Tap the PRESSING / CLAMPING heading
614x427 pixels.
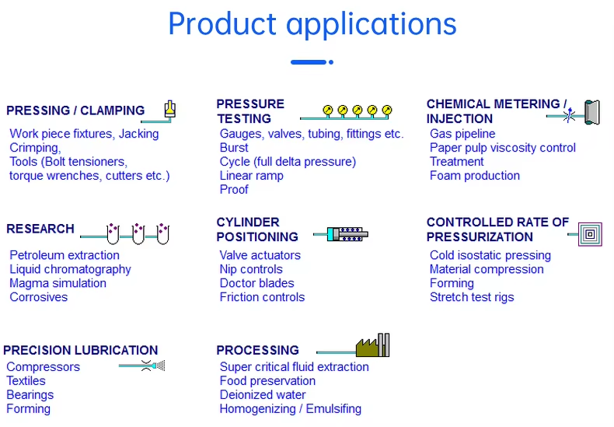[75, 110]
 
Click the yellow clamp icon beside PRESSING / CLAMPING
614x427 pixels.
[169, 110]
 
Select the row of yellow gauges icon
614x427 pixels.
[357, 111]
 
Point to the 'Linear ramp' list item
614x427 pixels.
[251, 176]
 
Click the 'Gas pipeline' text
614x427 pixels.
[462, 134]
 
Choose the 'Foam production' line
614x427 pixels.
[474, 176]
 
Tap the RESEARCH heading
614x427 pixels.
[40, 229]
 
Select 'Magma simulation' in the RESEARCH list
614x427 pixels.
[58, 283]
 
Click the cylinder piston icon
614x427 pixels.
[345, 233]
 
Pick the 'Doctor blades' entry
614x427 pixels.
[256, 283]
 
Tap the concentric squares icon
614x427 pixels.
[591, 233]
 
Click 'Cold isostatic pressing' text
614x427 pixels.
[490, 255]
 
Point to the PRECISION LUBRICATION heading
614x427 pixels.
[81, 350]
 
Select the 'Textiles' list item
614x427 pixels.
[26, 381]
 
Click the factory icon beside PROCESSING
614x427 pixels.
[372, 346]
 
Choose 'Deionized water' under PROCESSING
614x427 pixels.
[263, 395]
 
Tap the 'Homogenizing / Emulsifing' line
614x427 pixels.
[290, 409]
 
